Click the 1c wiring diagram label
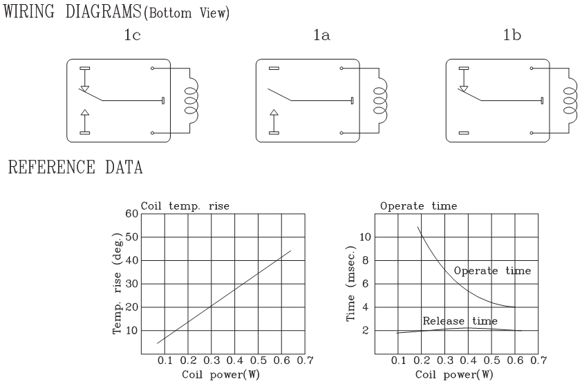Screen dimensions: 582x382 pyautogui.click(x=132, y=35)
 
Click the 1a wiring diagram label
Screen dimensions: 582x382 pyautogui.click(x=321, y=35)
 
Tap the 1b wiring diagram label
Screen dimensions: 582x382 pyautogui.click(x=512, y=35)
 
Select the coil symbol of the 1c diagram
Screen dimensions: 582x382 pyautogui.click(x=192, y=100)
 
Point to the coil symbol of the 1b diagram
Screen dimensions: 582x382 pyautogui.click(x=570, y=100)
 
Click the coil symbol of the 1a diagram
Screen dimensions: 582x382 pyautogui.click(x=380, y=100)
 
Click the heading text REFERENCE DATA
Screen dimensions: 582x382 pyautogui.click(x=75, y=167)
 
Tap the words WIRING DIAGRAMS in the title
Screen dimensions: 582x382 pyautogui.click(x=73, y=12)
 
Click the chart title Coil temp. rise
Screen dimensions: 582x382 pyautogui.click(x=185, y=206)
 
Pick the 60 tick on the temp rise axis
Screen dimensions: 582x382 pyautogui.click(x=131, y=214)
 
